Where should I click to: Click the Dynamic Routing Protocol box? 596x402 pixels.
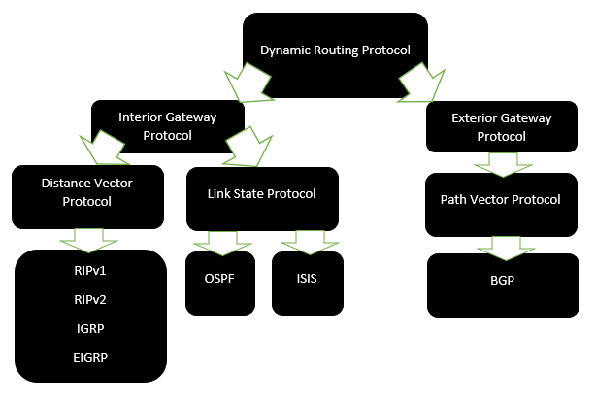click(x=335, y=50)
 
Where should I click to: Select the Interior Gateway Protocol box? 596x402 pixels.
click(x=167, y=124)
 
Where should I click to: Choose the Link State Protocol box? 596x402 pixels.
click(x=261, y=193)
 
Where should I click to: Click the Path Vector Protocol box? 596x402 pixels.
click(x=500, y=201)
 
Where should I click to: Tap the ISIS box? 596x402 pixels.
click(x=307, y=279)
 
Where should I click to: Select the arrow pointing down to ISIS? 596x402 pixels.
click(x=305, y=241)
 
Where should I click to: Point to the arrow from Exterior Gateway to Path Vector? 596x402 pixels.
click(x=501, y=164)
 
